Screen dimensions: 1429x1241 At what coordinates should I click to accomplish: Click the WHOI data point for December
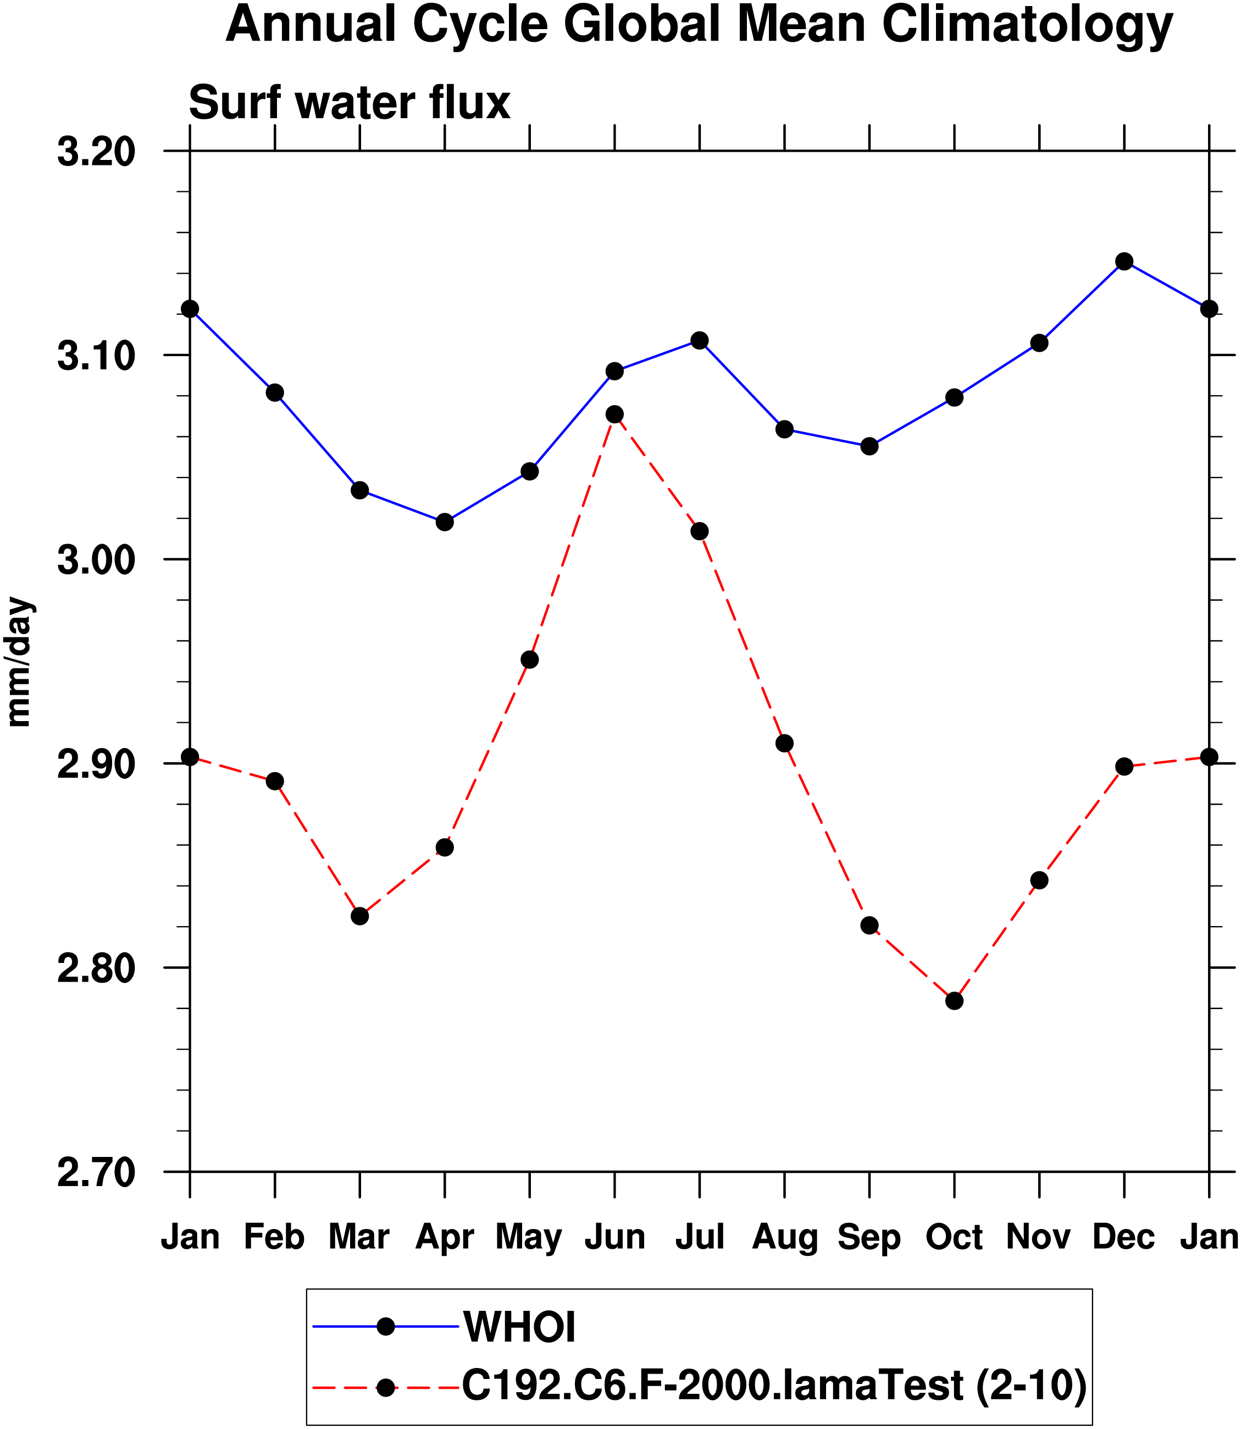1124,261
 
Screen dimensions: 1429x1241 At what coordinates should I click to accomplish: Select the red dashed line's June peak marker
614,414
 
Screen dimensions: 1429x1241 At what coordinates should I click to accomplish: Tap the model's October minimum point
954,1001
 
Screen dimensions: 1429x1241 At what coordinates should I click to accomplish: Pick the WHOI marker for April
445,522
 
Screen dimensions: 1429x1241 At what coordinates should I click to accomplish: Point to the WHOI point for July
700,340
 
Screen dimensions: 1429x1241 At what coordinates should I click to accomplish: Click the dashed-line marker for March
359,916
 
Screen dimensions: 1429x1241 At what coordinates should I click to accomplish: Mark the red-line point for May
530,660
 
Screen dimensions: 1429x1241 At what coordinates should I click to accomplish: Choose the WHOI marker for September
869,446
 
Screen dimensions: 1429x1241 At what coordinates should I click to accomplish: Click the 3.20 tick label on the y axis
96,152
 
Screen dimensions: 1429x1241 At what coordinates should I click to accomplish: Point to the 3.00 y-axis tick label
96,560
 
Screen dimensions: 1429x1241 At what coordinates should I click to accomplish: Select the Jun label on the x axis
614,1237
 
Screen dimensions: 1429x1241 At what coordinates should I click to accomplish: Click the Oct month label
954,1237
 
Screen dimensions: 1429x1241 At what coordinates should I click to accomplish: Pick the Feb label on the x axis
274,1237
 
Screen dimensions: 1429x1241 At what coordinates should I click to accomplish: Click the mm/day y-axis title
19,662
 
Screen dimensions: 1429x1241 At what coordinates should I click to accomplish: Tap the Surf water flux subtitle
349,103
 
